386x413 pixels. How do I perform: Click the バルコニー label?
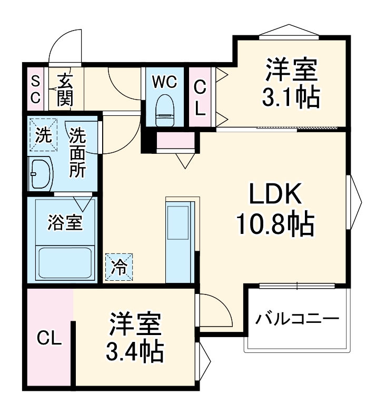[x=296, y=319]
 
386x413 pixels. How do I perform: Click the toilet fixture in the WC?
[x=165, y=109]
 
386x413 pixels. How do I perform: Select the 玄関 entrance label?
[x=65, y=89]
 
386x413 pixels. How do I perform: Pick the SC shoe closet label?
[x=35, y=89]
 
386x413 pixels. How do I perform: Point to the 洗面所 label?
[x=78, y=153]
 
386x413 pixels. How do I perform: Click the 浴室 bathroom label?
[x=64, y=222]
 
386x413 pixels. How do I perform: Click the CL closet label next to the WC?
[x=200, y=97]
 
